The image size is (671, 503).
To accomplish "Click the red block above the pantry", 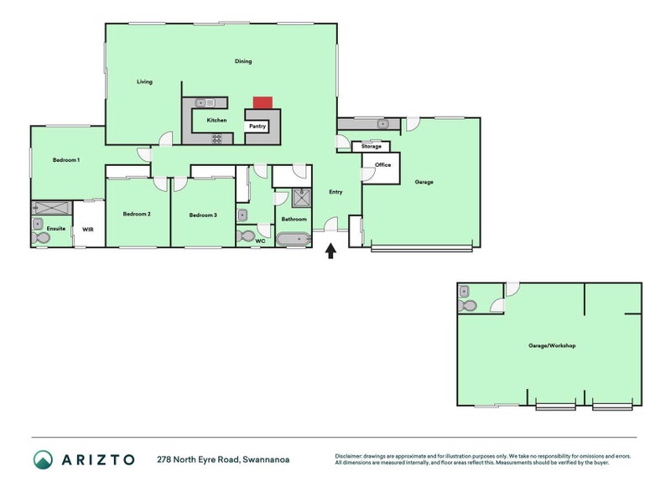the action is point(263,102).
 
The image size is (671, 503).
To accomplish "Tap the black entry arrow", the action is point(330,251).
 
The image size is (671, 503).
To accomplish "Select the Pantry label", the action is point(257,127).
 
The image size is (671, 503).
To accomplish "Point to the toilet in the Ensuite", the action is point(39,238).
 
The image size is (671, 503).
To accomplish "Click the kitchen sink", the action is point(205,102).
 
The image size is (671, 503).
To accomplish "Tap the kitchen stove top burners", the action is point(217,138).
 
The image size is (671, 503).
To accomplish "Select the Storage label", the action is point(371,146).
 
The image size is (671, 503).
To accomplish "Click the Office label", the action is point(383,164).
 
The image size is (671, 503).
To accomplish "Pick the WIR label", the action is point(88,230).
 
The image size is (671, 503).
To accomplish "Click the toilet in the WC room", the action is point(246,236).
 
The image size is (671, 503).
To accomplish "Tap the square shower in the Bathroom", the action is point(302,198).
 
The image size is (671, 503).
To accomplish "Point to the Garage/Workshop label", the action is point(552,345).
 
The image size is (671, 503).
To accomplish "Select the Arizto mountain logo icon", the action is point(43,459).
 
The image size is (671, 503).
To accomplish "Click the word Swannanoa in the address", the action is point(266,459).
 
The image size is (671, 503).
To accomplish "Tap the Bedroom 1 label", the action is point(66,160).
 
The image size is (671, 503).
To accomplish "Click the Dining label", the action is point(243,61).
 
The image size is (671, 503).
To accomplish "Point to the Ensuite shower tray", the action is point(52,208).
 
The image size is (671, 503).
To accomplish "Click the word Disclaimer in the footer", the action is point(348,456).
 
